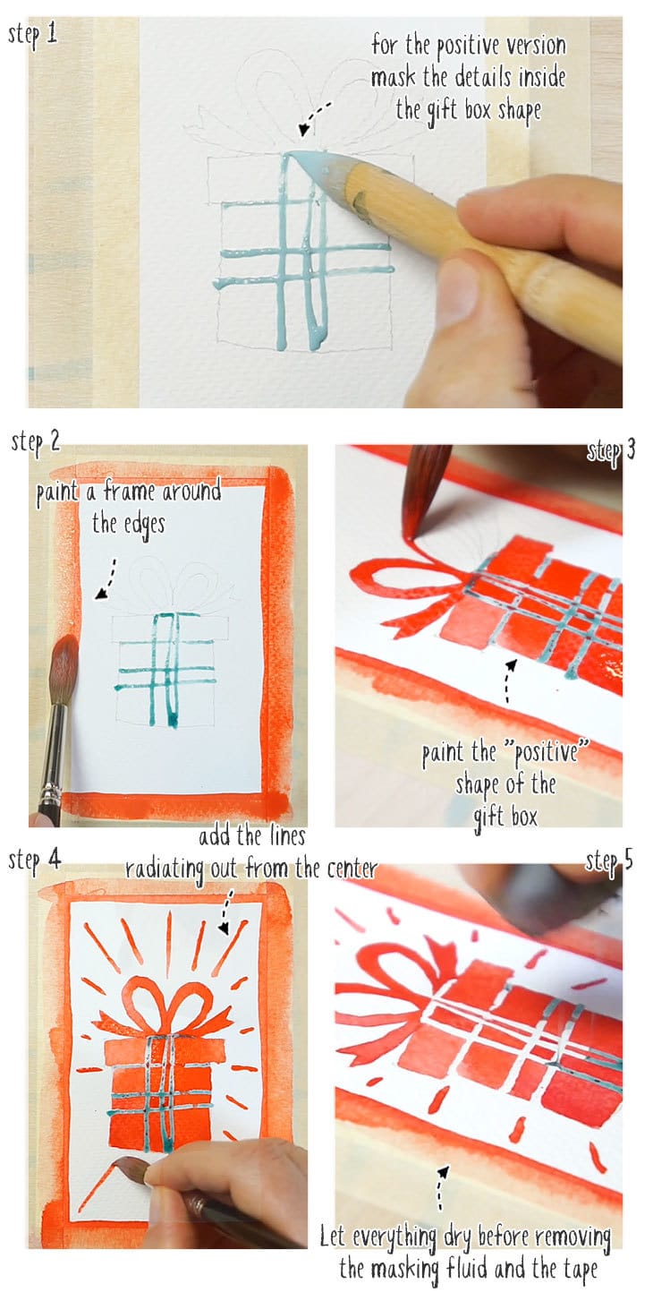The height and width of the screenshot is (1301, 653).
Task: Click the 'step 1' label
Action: [33, 36]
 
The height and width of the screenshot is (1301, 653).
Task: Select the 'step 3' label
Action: [611, 449]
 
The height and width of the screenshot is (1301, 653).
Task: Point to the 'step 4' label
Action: [35, 860]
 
